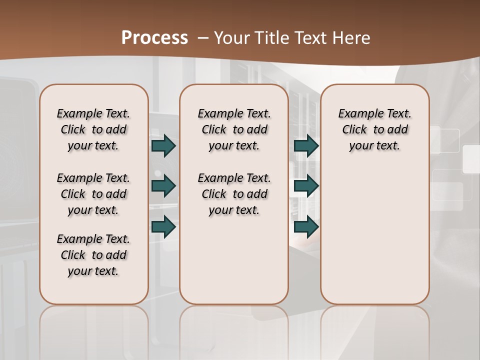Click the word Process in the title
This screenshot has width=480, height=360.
(154, 37)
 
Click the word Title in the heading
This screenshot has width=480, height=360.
(270, 37)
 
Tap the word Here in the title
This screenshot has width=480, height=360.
(352, 37)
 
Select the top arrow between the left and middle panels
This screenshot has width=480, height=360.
(163, 145)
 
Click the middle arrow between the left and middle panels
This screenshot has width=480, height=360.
(163, 186)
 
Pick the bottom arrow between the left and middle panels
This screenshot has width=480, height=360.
(163, 226)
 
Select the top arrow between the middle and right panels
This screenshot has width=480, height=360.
(306, 145)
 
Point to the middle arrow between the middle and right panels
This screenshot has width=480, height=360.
(306, 186)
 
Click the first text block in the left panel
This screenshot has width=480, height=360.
(93, 129)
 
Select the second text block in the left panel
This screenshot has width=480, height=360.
(93, 194)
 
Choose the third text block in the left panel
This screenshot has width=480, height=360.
(93, 255)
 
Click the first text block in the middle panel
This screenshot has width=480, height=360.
(234, 129)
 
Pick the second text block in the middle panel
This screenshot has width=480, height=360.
(234, 194)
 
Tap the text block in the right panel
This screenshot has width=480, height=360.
(375, 129)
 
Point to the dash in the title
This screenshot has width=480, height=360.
(203, 37)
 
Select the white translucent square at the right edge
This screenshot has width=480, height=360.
(471, 159)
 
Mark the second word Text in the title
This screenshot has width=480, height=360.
(313, 37)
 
